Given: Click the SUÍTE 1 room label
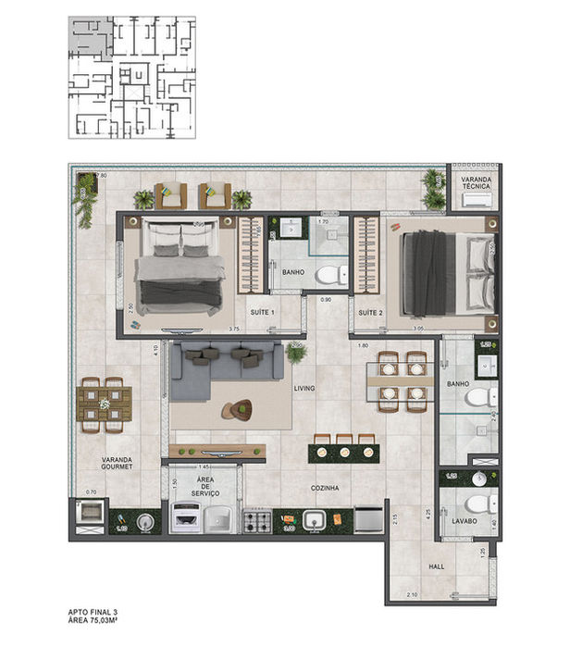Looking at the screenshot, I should (x=262, y=313).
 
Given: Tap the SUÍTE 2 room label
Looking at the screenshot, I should (x=370, y=313).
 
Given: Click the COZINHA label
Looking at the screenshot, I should (x=326, y=487).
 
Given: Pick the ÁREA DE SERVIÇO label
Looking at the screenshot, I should (x=205, y=488).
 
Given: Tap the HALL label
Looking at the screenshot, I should (x=438, y=565).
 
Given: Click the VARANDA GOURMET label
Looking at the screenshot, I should (x=118, y=463).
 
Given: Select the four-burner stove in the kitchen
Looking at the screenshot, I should (x=256, y=521).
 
